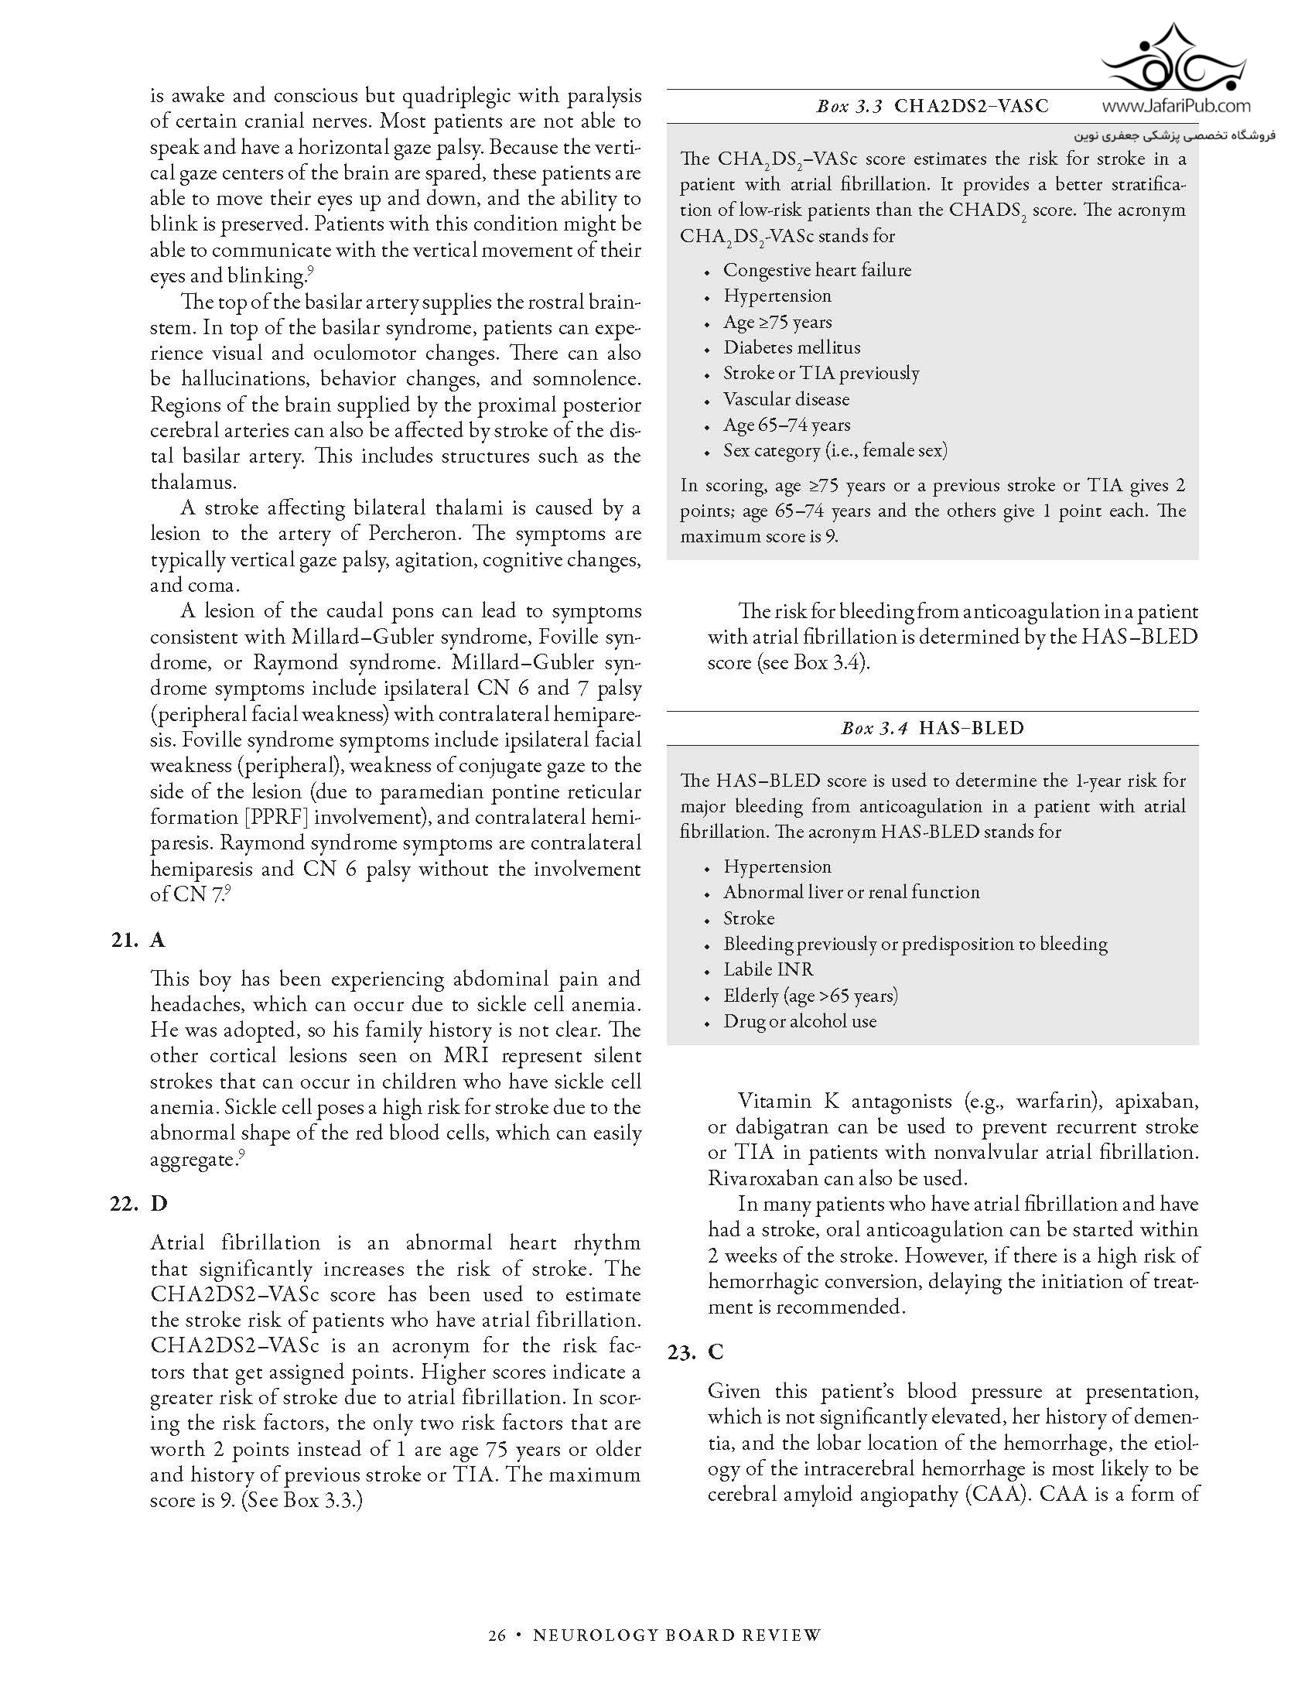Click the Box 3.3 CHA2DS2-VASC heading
[x=932, y=106]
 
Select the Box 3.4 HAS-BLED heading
[x=932, y=728]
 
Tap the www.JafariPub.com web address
[x=1177, y=106]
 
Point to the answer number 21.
[x=125, y=940]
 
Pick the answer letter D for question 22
[x=158, y=1204]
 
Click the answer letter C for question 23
[x=716, y=1352]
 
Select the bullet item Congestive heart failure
[x=816, y=271]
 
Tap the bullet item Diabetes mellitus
[x=791, y=347]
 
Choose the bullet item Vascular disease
[x=786, y=399]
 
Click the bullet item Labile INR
[x=768, y=969]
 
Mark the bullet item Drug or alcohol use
[x=799, y=1021]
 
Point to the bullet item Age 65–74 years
[x=786, y=425]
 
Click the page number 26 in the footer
[x=497, y=1634]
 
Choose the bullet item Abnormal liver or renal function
[x=851, y=892]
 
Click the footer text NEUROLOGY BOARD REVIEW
[x=676, y=1634]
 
